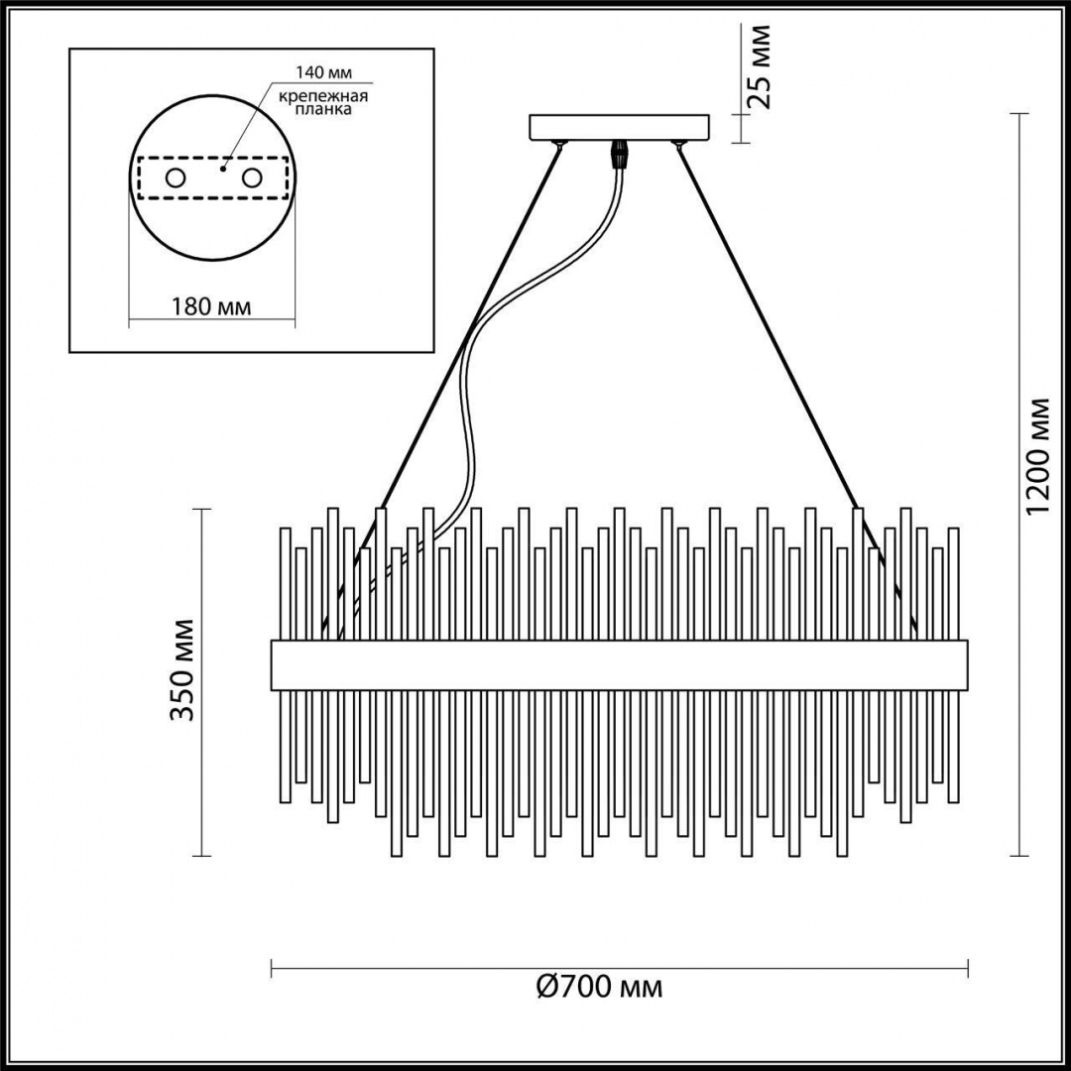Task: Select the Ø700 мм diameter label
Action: [x=599, y=987]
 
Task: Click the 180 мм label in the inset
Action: [x=211, y=306]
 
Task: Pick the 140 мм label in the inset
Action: [x=322, y=72]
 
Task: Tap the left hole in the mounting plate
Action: [x=175, y=178]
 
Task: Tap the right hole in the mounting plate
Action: [x=252, y=178]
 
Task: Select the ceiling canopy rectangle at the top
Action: [x=621, y=128]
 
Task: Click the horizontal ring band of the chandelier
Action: [x=619, y=665]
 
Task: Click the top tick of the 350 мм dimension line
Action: [x=202, y=510]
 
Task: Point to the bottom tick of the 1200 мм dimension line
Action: [x=1016, y=855]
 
